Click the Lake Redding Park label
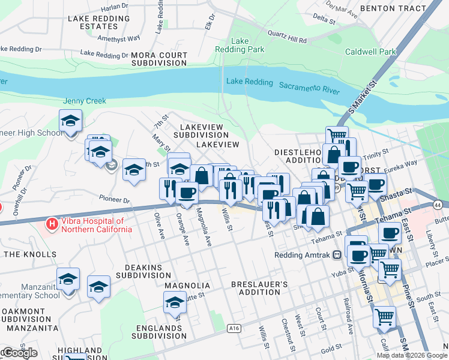(x=240, y=45)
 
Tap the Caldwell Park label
(x=370, y=52)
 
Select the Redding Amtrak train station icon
(x=337, y=254)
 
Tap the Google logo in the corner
(x=19, y=353)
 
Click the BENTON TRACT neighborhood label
(x=393, y=10)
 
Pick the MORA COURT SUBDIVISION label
(x=159, y=59)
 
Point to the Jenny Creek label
(x=85, y=101)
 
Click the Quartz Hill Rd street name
(x=287, y=37)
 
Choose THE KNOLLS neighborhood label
(x=30, y=254)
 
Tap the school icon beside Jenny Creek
(x=70, y=121)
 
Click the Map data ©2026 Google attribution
(x=412, y=355)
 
